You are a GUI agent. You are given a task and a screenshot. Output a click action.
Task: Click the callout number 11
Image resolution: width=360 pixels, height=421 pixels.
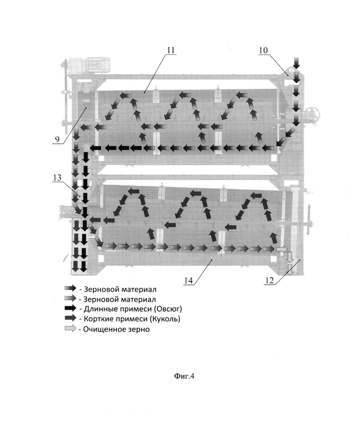(171, 50)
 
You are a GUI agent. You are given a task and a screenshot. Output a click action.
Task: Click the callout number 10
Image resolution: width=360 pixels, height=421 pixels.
(263, 50)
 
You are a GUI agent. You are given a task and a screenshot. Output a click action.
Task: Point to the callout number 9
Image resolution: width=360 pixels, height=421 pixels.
(57, 139)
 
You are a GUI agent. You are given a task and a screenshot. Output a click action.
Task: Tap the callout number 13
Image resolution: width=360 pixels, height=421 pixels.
(57, 178)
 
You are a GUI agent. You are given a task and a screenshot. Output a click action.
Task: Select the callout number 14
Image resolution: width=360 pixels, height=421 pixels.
(188, 280)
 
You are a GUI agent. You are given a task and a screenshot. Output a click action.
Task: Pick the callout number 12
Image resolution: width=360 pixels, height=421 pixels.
(269, 280)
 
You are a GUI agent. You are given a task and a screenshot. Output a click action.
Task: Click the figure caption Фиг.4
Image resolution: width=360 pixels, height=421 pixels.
(184, 376)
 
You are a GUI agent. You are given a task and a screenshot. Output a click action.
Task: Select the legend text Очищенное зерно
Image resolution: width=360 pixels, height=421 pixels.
(116, 329)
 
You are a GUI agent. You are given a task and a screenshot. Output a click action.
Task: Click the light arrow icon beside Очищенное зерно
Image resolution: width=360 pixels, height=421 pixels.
(71, 328)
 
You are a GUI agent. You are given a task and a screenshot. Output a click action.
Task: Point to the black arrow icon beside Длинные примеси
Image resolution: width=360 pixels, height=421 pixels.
(71, 308)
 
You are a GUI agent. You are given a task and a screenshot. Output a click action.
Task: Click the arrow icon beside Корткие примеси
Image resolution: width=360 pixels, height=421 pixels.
(71, 318)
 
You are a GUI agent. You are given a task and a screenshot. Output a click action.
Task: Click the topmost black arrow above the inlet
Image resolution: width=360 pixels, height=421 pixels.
(296, 63)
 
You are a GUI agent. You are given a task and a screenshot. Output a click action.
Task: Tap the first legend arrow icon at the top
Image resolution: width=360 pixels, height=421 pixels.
(71, 288)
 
